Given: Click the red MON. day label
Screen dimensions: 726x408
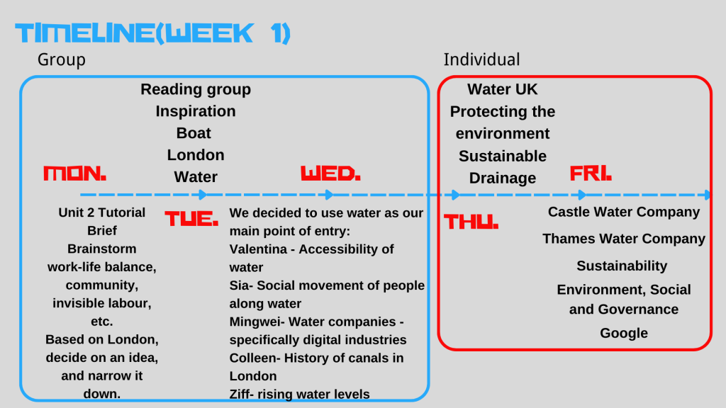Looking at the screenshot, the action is click(74, 174).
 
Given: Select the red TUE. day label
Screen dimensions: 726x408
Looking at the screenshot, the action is click(191, 218).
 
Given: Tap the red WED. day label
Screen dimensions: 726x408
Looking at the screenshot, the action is click(330, 174).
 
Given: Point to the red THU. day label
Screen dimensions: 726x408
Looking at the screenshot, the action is click(471, 222).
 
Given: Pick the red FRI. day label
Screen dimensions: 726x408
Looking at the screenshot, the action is click(591, 174).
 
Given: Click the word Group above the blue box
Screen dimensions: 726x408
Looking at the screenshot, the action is click(62, 60).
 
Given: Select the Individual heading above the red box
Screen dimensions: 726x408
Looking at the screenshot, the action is click(481, 59).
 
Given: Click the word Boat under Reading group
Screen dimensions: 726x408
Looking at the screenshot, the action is click(194, 133).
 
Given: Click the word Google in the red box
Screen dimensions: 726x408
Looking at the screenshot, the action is click(624, 333).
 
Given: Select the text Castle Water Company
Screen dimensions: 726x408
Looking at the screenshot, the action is click(624, 212).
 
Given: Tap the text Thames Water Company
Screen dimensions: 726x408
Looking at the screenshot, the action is click(624, 239).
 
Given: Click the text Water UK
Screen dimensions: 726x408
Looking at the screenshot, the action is click(503, 89).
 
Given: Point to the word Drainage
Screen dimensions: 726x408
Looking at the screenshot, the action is click(503, 178).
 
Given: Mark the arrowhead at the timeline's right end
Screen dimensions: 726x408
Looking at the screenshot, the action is click(707, 195).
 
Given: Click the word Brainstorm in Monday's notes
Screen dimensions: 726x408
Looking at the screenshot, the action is click(102, 249).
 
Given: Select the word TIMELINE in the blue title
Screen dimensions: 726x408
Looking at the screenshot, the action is click(85, 33).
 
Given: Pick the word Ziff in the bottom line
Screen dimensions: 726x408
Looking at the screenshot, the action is click(240, 394).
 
